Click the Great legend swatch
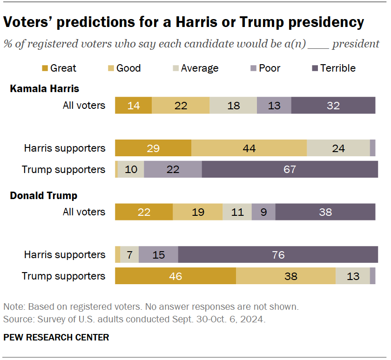point(45,68)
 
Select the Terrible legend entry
point(332,68)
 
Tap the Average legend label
point(200,68)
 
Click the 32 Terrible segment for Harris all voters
point(333,105)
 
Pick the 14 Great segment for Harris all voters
point(133,105)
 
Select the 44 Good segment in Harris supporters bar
point(249,148)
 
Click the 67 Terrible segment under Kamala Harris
point(290,169)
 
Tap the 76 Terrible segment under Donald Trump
point(277,254)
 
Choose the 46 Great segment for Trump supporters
point(175,276)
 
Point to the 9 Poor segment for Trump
point(263,212)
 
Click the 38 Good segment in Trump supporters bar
point(285,276)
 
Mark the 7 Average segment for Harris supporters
point(129,254)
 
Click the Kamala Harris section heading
point(45,88)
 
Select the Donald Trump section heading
point(44,195)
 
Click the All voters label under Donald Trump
point(84,212)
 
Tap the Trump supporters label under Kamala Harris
point(63,169)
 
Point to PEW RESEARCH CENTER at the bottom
point(56,337)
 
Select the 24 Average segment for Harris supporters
point(338,148)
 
